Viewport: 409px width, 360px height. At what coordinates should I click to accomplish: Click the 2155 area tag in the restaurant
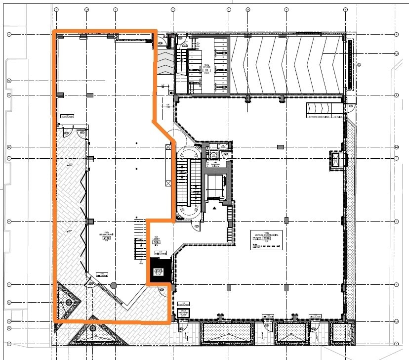tap(106, 238)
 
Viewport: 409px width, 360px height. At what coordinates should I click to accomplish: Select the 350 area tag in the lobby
tap(157, 242)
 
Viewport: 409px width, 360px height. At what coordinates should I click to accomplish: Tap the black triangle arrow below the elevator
tap(214, 209)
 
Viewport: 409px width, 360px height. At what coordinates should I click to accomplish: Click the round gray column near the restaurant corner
tap(114, 285)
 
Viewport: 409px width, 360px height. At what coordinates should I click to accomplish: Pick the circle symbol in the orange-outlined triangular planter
tap(69, 302)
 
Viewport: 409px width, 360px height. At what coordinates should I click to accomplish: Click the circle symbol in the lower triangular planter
tap(93, 327)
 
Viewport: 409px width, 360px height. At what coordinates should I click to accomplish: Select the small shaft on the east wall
tap(335, 160)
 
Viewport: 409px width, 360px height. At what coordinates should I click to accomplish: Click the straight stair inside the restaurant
tap(138, 250)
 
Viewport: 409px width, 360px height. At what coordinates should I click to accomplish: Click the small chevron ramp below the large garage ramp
tap(324, 108)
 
